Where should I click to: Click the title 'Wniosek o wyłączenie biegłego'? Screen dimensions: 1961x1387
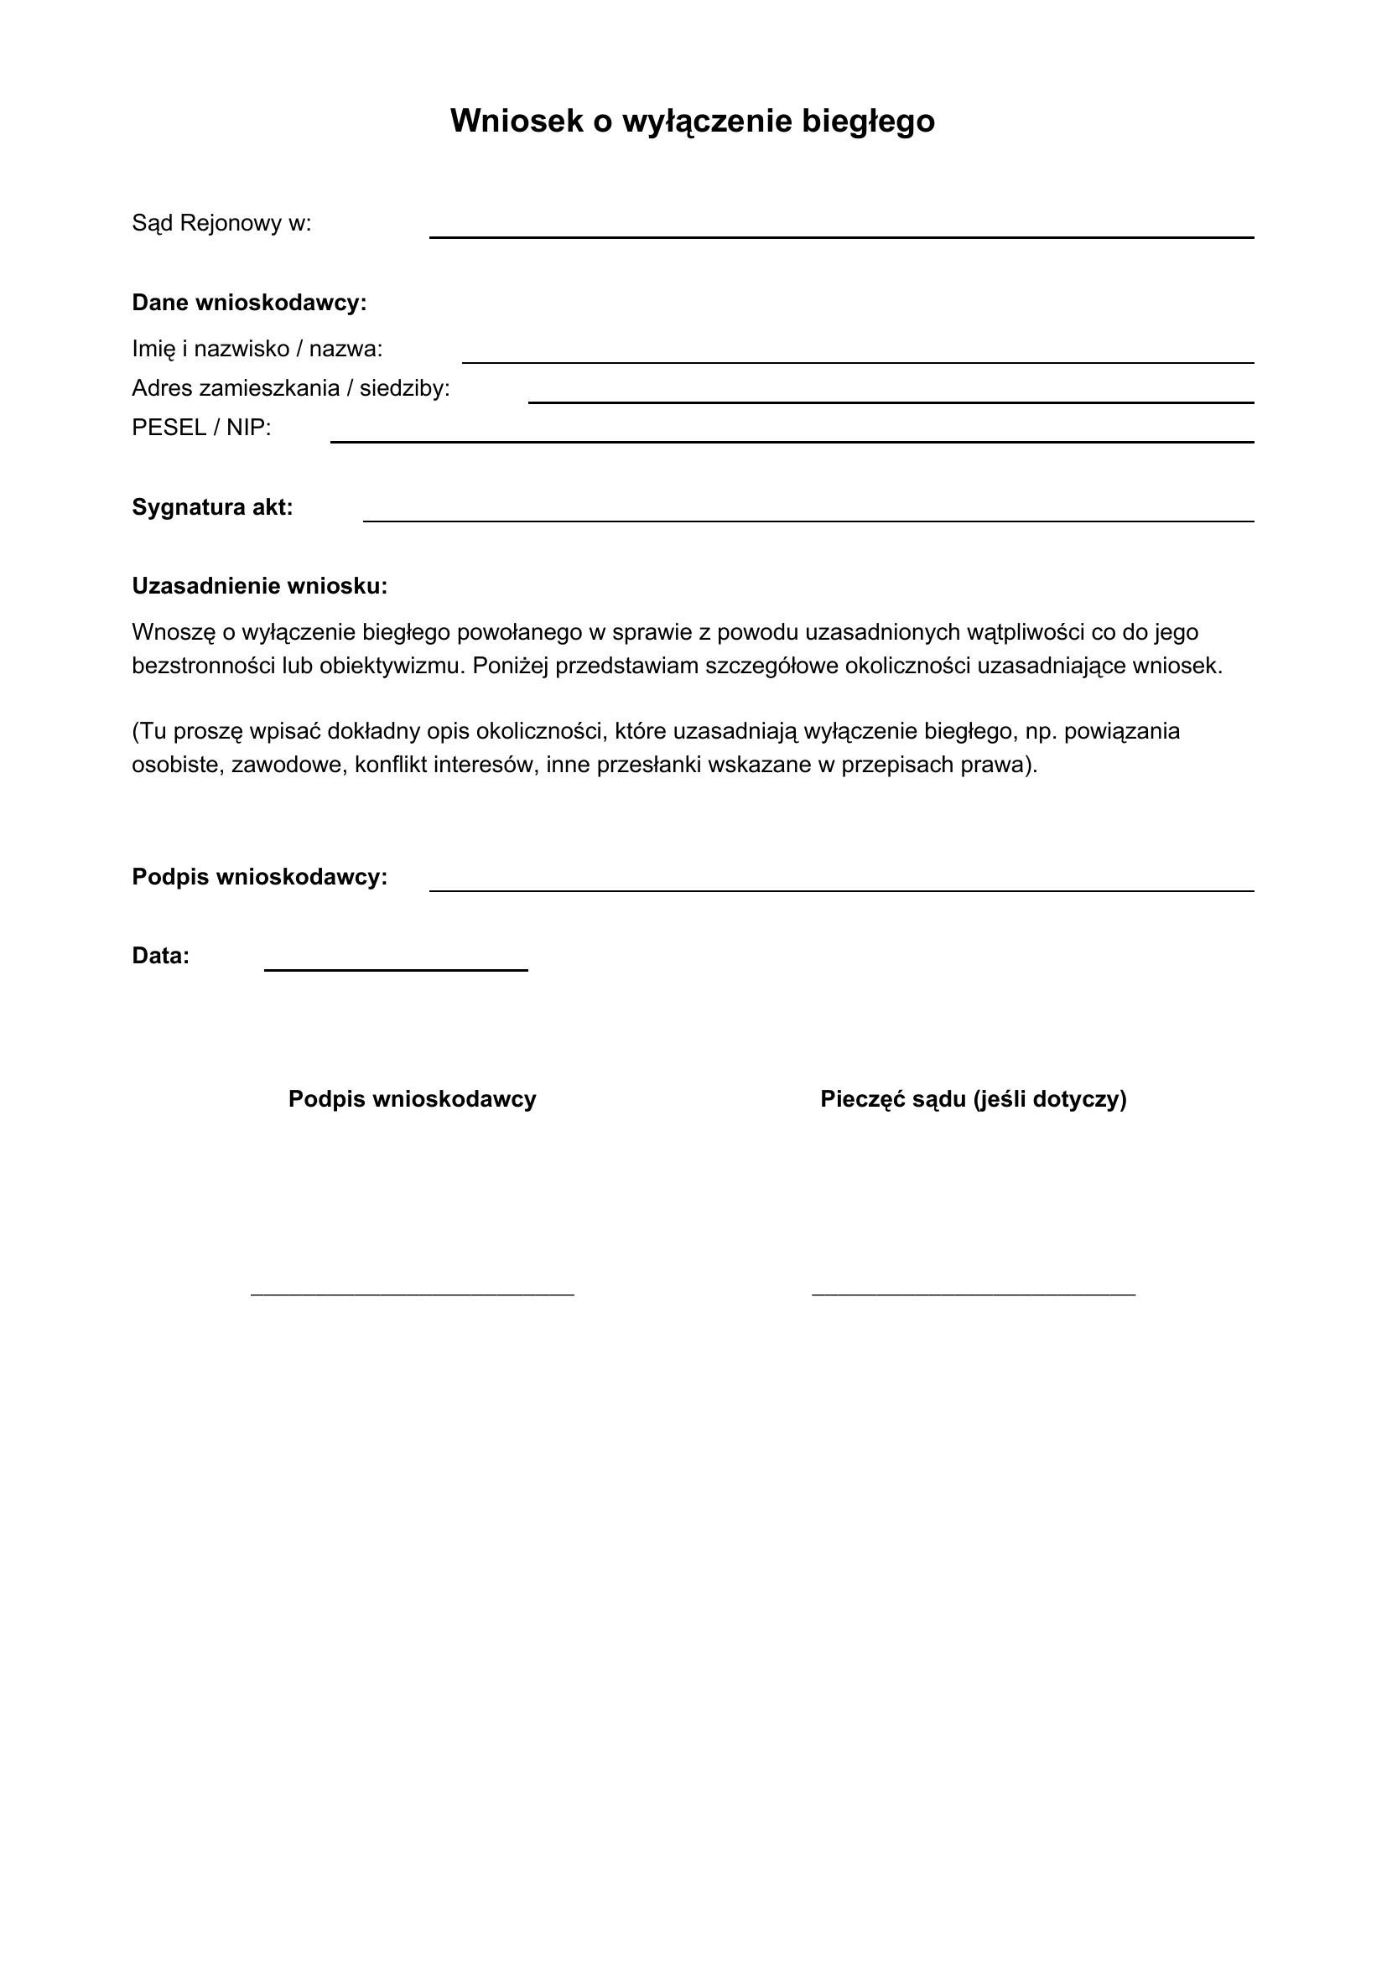coord(693,122)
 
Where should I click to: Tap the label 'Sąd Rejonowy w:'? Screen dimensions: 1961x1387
coord(221,224)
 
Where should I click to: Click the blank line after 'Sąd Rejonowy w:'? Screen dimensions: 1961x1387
coord(841,236)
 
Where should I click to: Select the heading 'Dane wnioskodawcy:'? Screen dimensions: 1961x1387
coord(248,303)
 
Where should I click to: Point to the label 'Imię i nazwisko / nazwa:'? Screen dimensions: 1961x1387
coord(257,350)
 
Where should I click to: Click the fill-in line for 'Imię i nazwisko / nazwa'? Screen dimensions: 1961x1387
coord(858,361)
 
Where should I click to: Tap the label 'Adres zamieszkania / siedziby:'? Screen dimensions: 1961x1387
coord(290,389)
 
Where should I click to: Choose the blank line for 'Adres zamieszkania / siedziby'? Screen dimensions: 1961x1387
coord(891,401)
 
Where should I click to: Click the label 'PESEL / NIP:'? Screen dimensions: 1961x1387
coord(200,428)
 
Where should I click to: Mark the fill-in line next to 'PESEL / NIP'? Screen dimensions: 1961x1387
coord(792,441)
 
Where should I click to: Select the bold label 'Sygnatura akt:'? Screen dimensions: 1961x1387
coord(212,507)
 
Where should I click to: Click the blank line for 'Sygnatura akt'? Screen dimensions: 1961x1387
coord(808,519)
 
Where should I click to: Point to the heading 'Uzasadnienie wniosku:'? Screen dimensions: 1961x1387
coord(260,586)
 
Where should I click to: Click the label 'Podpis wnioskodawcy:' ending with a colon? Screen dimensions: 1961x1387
coord(260,877)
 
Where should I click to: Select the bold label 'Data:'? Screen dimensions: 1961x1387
coord(160,956)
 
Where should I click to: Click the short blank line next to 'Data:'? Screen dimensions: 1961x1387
coord(396,968)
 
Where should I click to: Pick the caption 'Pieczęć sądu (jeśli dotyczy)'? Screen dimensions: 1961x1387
coord(973,1099)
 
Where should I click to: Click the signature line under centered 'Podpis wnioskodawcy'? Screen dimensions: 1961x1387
coord(413,1294)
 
